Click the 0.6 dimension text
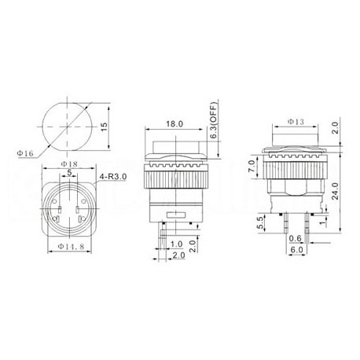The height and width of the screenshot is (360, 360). click(x=295, y=240)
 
